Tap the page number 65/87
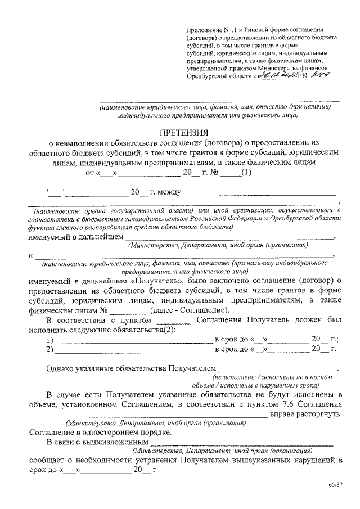(335, 485)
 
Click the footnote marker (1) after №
(246, 173)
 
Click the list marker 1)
(49, 339)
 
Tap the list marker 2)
(49, 349)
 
